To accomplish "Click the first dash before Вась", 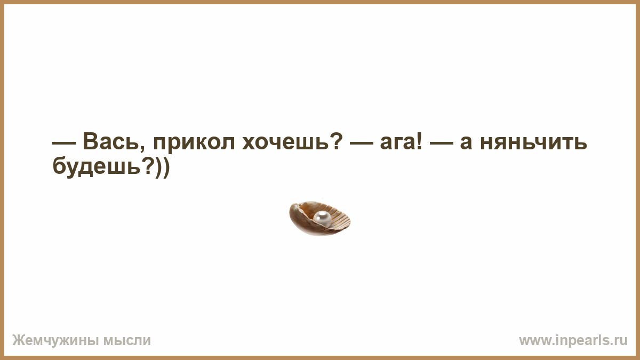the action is pos(64,143).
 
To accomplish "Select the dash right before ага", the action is pos(362,143).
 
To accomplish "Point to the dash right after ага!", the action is pos(442,143).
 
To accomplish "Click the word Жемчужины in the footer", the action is pos(56,341).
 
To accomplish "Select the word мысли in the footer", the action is pos(127,341).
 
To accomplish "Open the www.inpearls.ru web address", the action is pos(573,341).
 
